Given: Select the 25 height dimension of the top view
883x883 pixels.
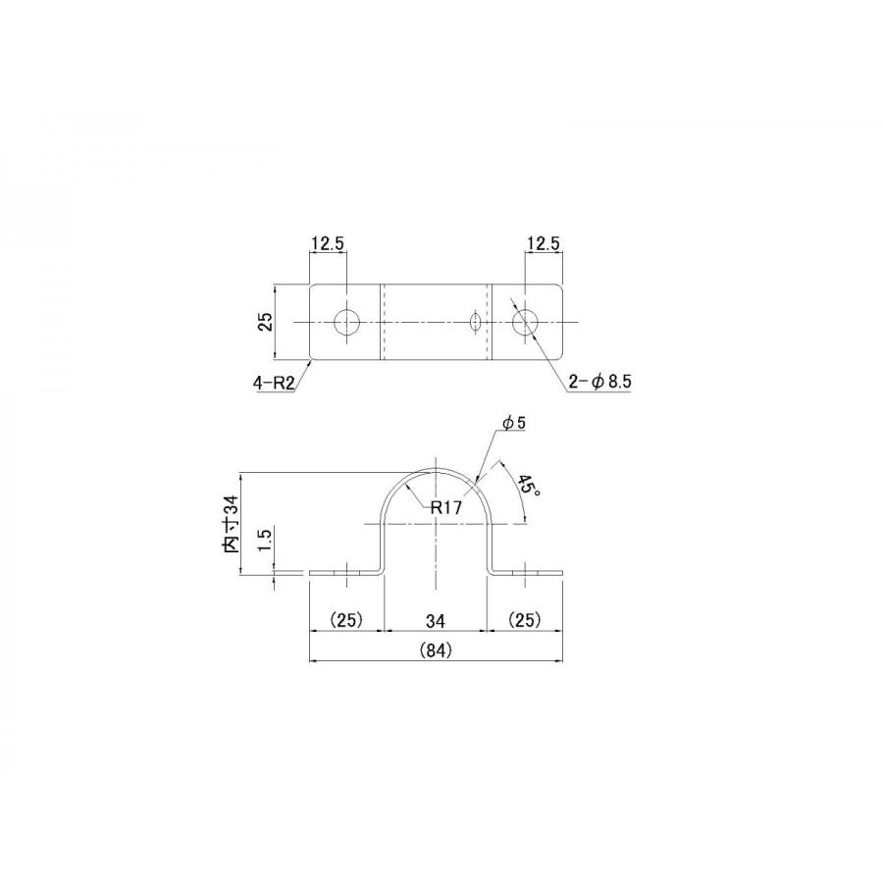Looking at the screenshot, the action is tap(265, 322).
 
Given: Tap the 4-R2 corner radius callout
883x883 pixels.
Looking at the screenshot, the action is tap(275, 384).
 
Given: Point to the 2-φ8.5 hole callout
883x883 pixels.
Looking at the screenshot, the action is tap(599, 382).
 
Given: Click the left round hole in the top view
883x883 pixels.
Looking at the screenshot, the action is tap(347, 322).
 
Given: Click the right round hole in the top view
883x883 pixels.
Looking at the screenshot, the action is tap(525, 322).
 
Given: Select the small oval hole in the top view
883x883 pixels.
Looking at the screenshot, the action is tap(476, 322).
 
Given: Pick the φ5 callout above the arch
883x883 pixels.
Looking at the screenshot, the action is tap(514, 423).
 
